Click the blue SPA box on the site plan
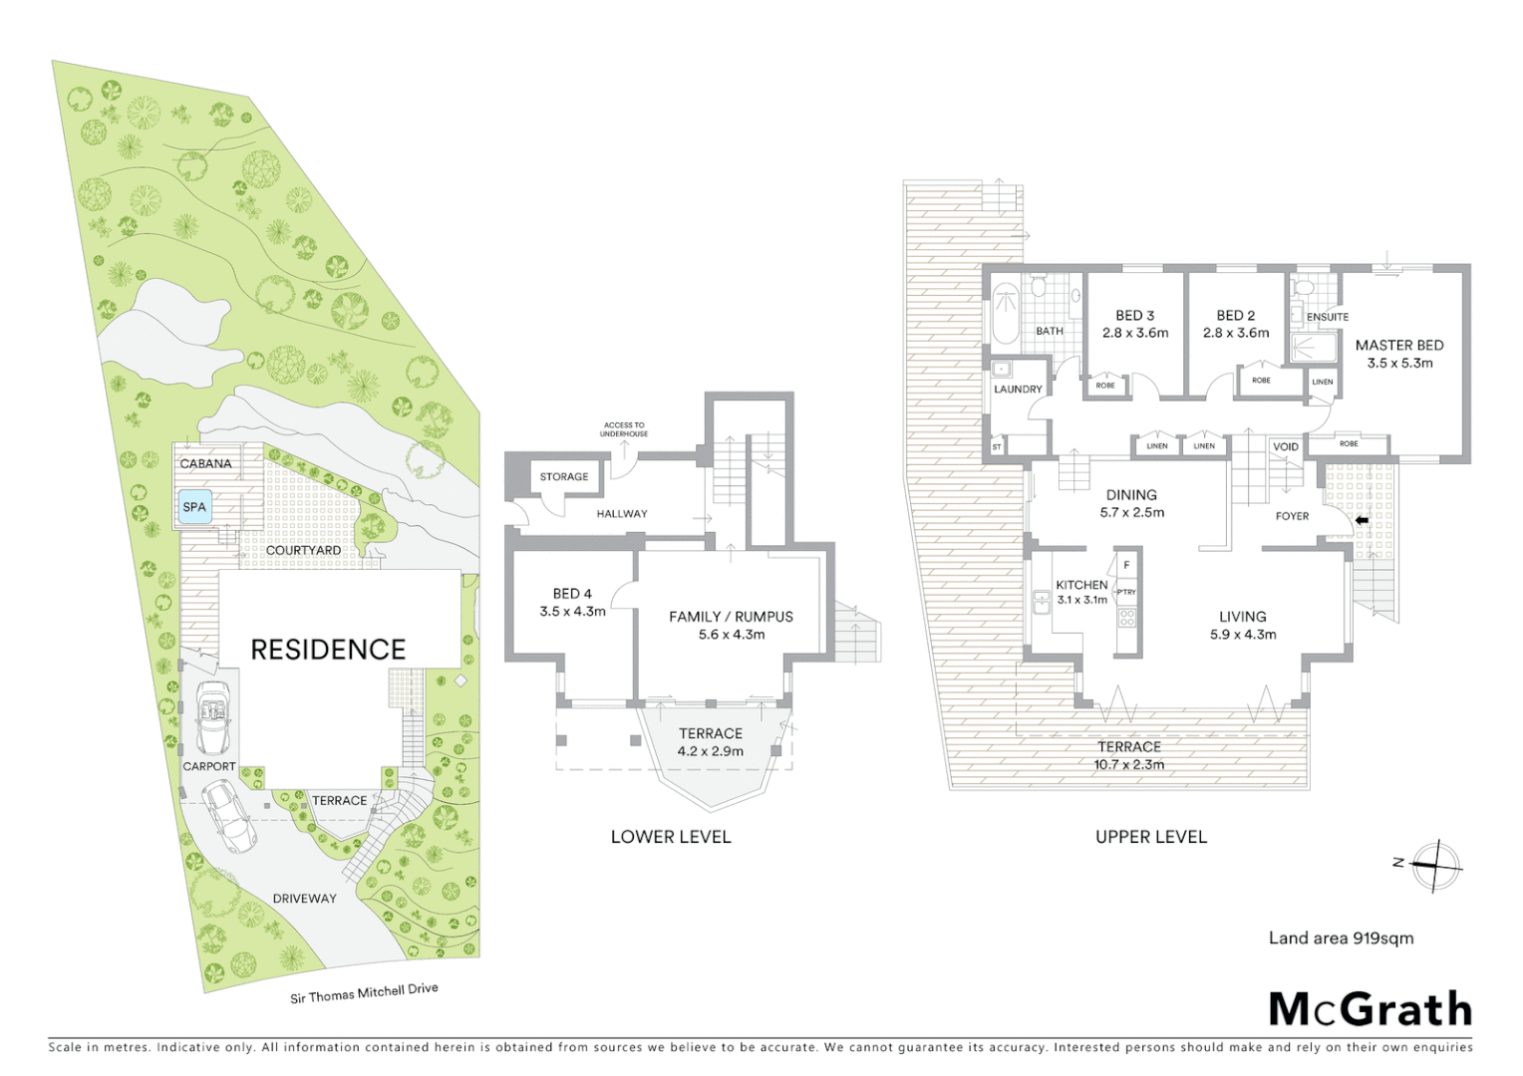(x=194, y=507)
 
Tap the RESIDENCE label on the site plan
(x=328, y=650)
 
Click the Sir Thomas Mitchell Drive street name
(x=364, y=993)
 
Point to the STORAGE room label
(x=564, y=477)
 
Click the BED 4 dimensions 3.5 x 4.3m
(x=572, y=612)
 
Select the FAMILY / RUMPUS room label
(x=731, y=617)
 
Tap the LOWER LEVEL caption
(x=671, y=837)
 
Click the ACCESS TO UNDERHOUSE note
(x=624, y=429)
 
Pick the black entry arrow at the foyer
(x=1363, y=520)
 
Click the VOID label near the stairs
(x=1286, y=446)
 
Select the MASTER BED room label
(x=1399, y=346)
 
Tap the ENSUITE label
(x=1328, y=317)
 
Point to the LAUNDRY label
(x=1018, y=390)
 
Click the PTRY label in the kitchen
(x=1126, y=592)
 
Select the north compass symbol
(x=1436, y=865)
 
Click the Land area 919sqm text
(x=1341, y=938)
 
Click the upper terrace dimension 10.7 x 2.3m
(x=1128, y=765)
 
